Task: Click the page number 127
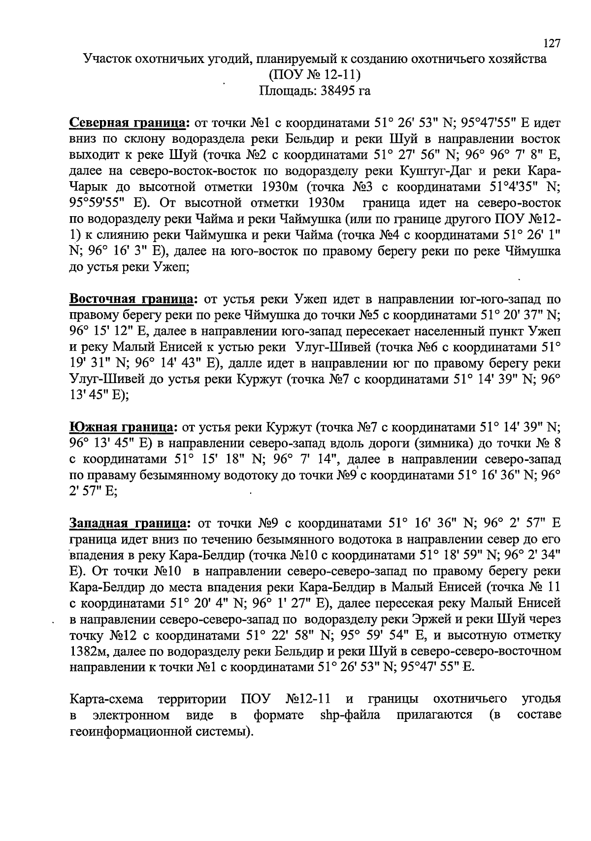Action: coord(552,44)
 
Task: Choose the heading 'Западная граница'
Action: coord(130,523)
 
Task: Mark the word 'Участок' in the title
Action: coord(106,60)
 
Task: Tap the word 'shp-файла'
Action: coord(350,714)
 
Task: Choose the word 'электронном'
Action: coord(128,714)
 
